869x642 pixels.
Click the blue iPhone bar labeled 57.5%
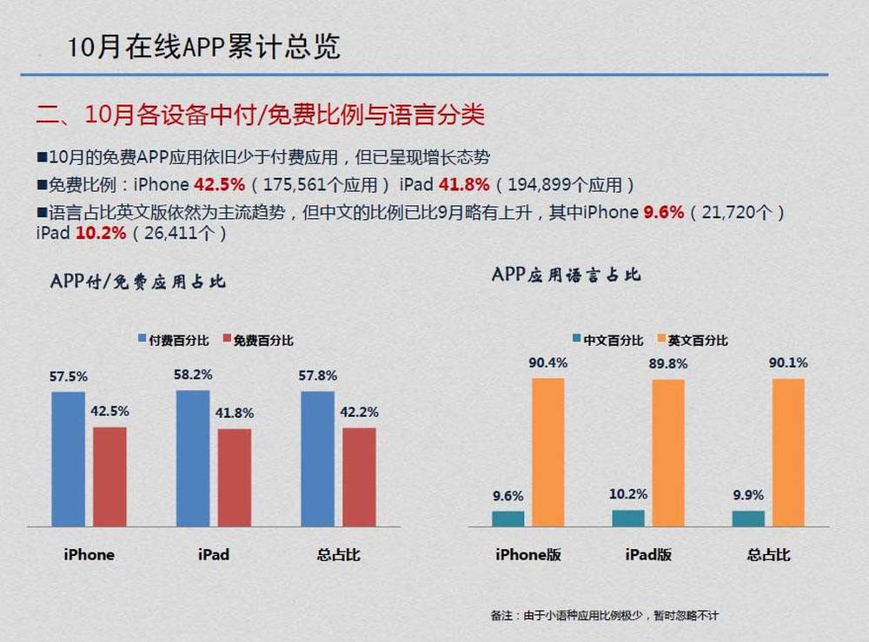coord(68,459)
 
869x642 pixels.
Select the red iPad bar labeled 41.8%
coord(235,477)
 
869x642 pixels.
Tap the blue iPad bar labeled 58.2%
coord(193,458)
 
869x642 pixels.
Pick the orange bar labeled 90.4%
coord(548,452)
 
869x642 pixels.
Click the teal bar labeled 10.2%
coord(628,518)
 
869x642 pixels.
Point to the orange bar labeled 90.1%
coord(788,452)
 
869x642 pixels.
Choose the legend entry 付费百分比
coord(174,340)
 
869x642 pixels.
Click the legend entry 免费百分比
coord(258,340)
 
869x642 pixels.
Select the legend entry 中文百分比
coord(608,340)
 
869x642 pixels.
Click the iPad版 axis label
coord(648,554)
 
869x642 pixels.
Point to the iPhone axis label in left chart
coord(89,554)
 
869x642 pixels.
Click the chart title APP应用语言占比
coord(567,275)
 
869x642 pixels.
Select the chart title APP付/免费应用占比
coord(138,281)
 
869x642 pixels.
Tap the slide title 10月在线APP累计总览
coord(203,47)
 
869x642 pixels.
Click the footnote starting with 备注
coord(605,615)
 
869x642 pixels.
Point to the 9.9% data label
coord(748,495)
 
